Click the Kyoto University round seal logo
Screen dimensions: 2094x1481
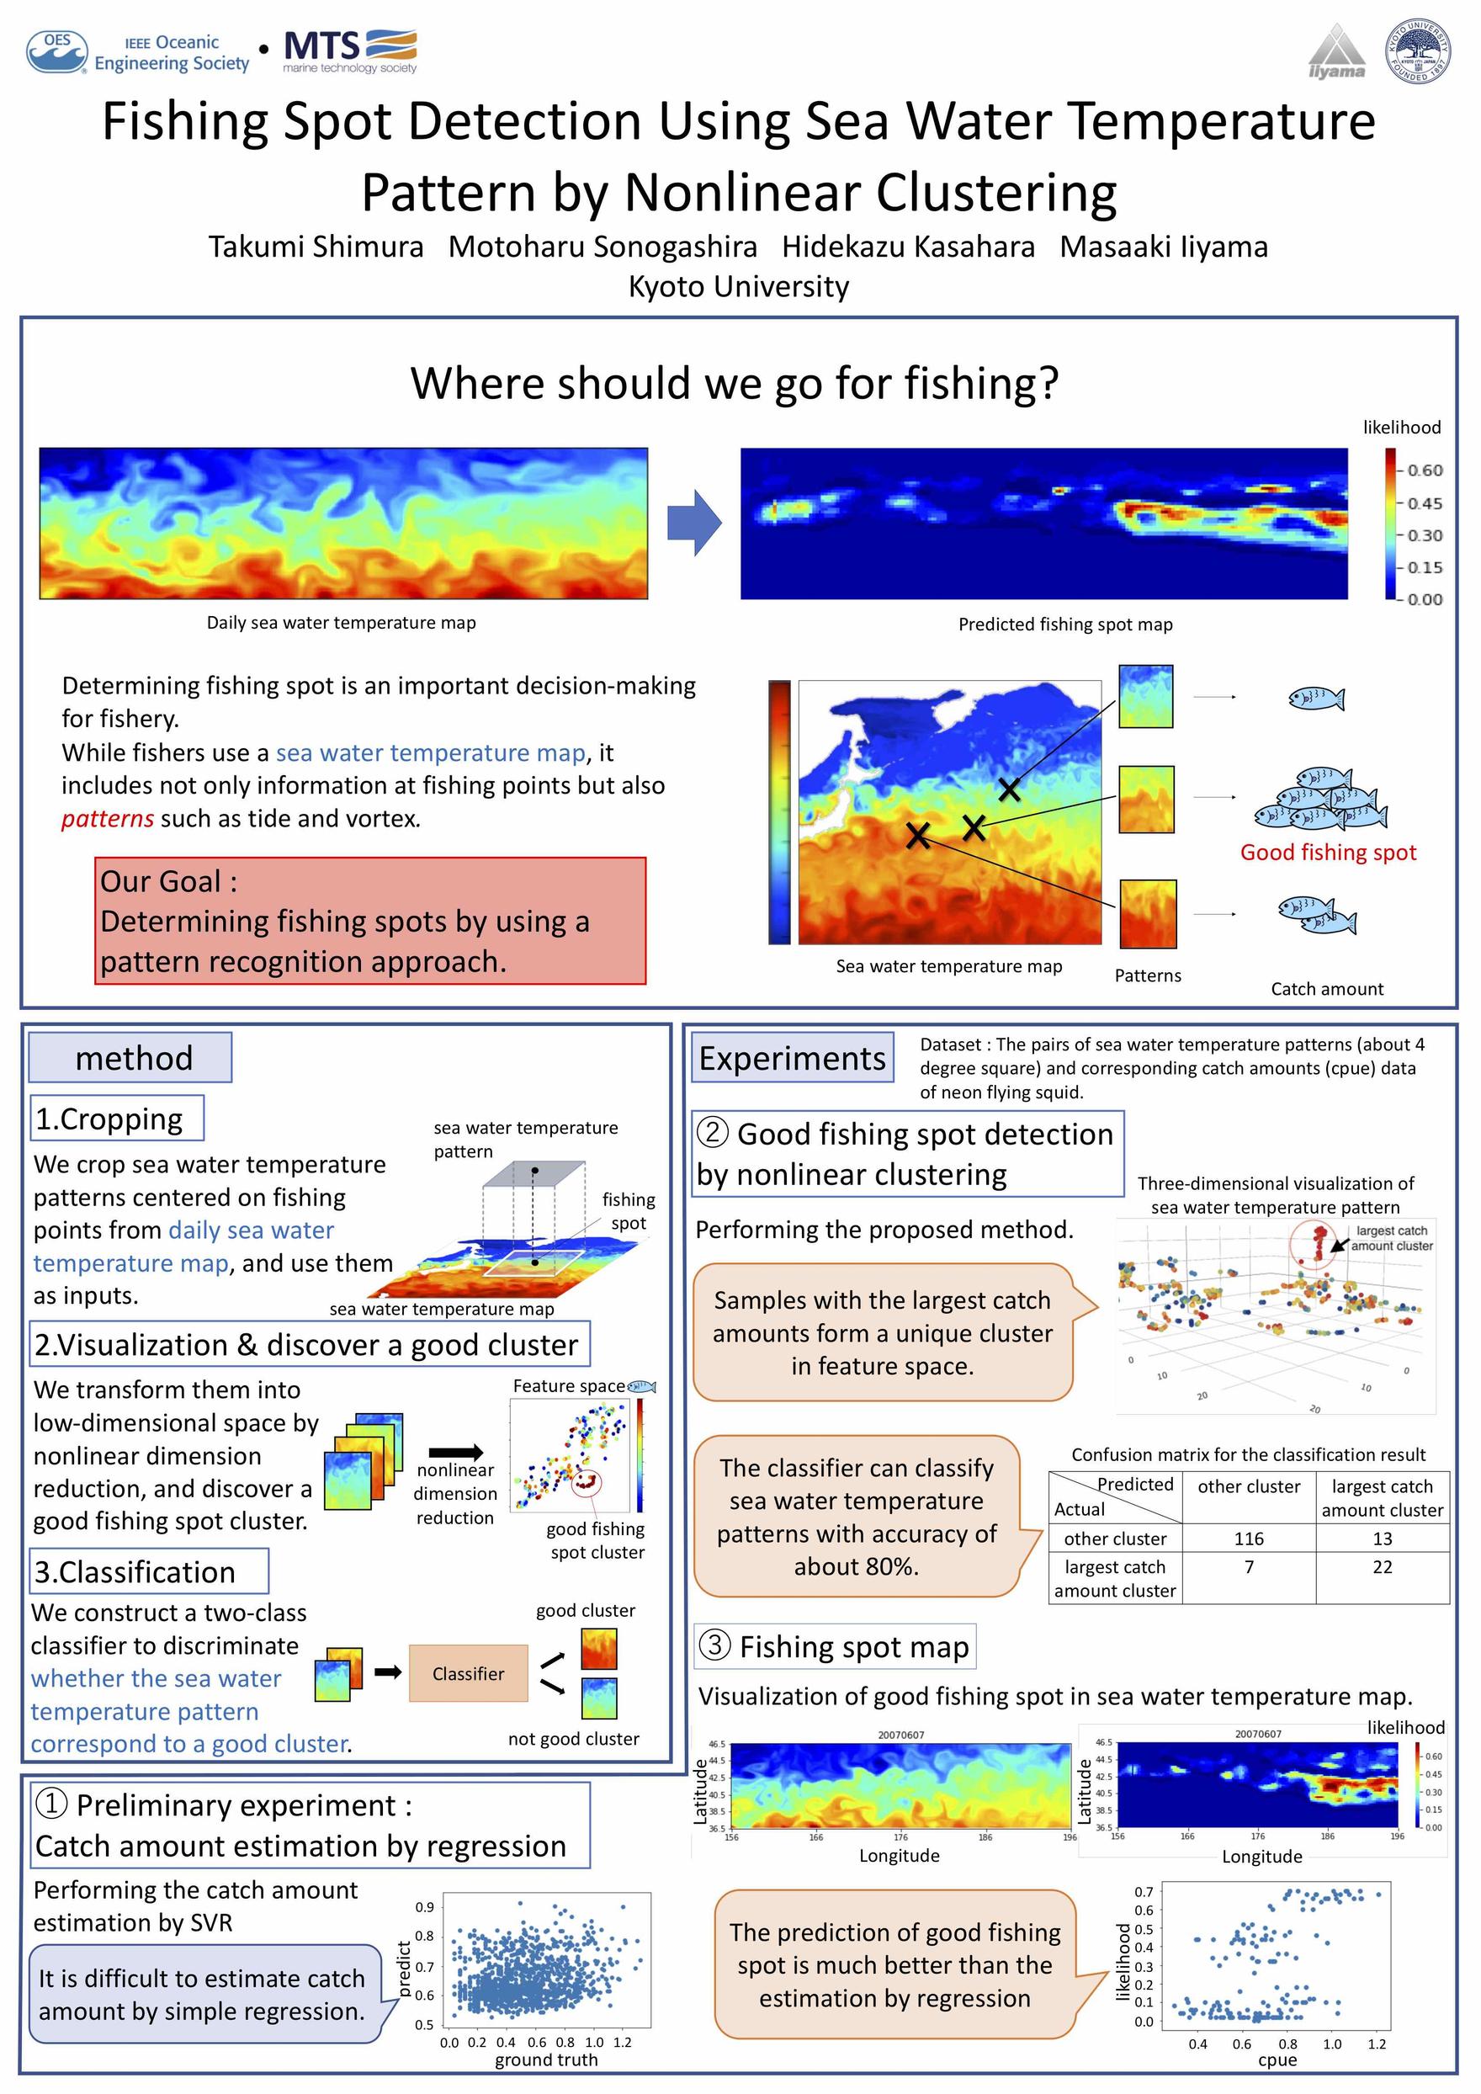point(1418,50)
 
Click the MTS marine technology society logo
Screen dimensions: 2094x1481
point(350,51)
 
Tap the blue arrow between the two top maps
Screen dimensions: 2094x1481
point(694,523)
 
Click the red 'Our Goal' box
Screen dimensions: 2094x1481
point(370,920)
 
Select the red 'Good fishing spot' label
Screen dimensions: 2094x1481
point(1328,853)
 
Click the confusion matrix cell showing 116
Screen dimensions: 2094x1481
point(1249,1539)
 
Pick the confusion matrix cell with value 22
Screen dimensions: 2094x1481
point(1382,1568)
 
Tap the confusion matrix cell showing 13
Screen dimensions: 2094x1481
point(1382,1539)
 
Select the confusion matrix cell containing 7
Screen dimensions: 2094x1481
point(1249,1568)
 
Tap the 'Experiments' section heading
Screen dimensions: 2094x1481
point(792,1058)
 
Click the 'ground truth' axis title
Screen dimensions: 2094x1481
point(546,2060)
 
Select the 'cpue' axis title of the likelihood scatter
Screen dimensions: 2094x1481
point(1277,2060)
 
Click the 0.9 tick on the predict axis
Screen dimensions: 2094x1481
point(424,1907)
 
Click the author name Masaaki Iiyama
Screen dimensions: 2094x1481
point(1164,247)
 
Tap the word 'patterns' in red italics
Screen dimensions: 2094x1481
point(108,819)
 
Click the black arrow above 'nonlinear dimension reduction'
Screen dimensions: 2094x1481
point(455,1453)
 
